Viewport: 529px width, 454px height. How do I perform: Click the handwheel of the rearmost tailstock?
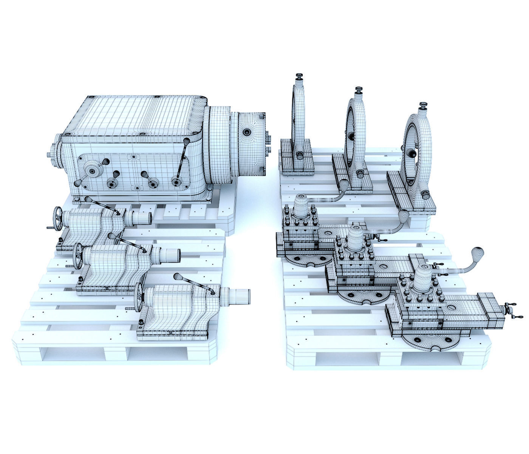pyautogui.click(x=57, y=218)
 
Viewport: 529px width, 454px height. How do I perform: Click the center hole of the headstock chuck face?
pyautogui.click(x=247, y=132)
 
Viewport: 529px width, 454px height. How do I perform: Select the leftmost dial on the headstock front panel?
pyautogui.click(x=91, y=171)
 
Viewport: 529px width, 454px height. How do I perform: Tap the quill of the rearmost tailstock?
pyautogui.click(x=143, y=218)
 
